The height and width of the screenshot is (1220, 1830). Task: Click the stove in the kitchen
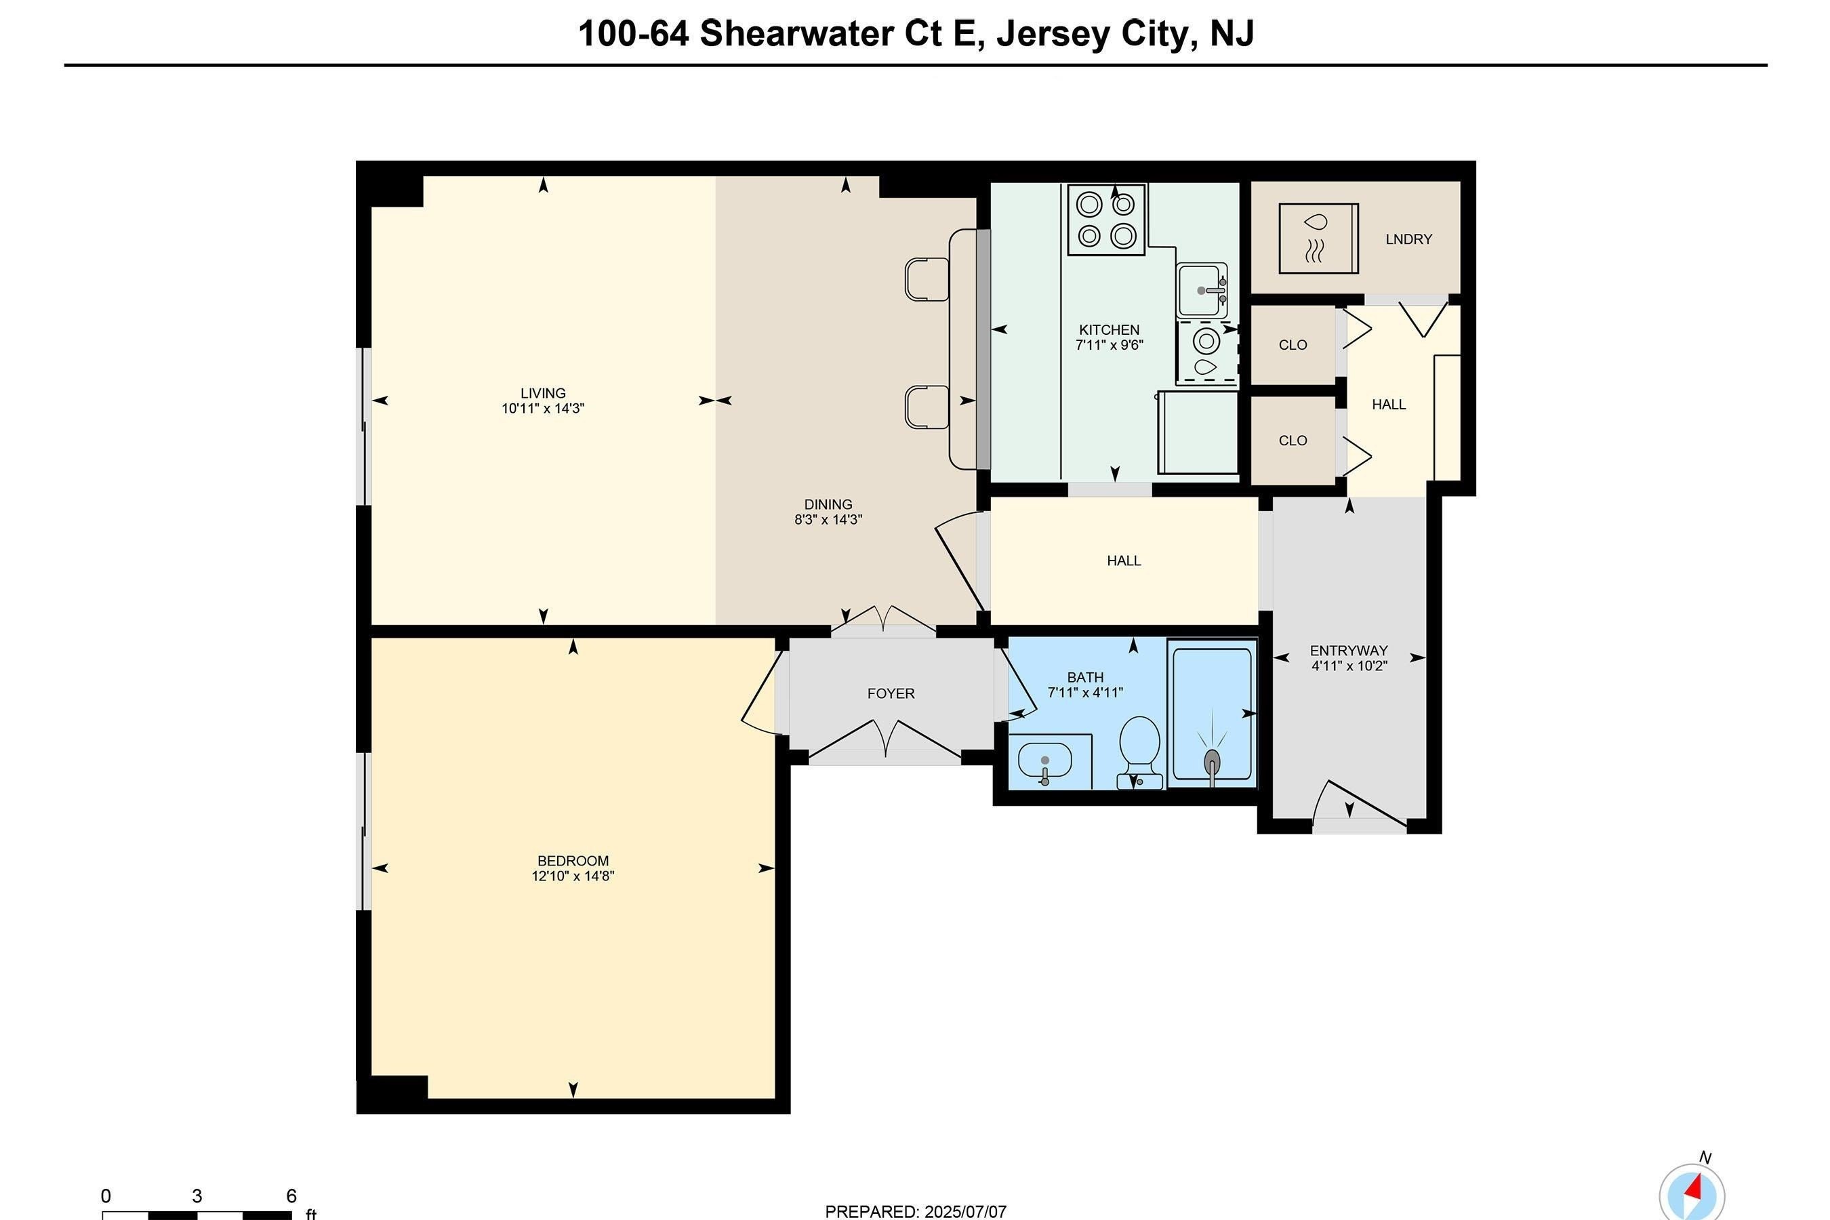(1106, 220)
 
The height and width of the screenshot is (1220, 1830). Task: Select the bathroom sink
(1045, 763)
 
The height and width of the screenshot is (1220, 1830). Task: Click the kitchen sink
(1201, 290)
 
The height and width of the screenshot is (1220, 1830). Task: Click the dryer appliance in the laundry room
(1318, 238)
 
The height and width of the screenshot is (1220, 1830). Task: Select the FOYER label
(891, 693)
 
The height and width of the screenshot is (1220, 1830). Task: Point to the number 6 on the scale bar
(291, 1196)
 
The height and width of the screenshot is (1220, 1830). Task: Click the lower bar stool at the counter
(927, 407)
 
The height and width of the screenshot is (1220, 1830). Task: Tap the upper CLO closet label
(1293, 345)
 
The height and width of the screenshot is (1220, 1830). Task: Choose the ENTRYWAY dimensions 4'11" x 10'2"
(1349, 666)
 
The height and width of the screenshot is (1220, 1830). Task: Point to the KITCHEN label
(1109, 330)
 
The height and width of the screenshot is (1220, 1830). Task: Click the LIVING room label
(543, 393)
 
